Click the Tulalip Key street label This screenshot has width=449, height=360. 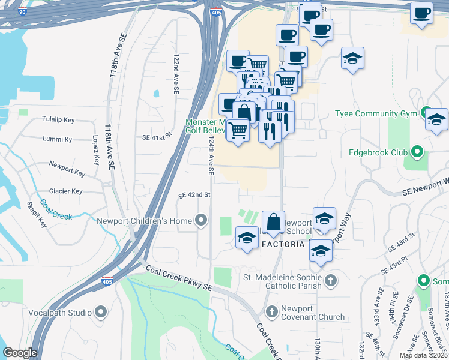click(58, 119)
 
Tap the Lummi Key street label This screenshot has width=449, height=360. click(57, 139)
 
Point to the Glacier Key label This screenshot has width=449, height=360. click(65, 191)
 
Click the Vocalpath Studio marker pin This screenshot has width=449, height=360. click(100, 312)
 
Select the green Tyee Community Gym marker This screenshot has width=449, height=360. click(426, 112)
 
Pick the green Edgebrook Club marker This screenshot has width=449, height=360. click(418, 152)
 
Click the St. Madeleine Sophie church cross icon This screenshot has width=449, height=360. click(330, 280)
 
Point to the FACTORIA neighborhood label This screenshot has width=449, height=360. click(285, 244)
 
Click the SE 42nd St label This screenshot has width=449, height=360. click(194, 195)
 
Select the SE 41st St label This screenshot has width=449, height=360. click(157, 137)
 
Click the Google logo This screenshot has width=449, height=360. click(20, 353)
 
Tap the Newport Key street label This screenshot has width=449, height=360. click(67, 168)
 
